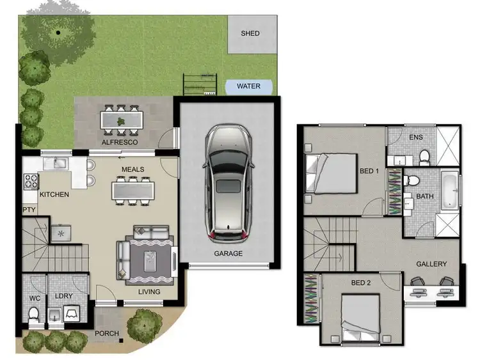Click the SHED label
pos(250,33)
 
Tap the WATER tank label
pos(248,86)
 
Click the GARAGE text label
pos(228,254)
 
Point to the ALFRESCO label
pos(120,142)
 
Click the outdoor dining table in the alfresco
pos(121,119)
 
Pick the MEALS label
pos(133,169)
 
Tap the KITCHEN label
pos(54,194)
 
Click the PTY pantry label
pos(29,209)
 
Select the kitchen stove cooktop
pos(31,181)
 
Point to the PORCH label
pos(106,333)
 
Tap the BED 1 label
pos(369,172)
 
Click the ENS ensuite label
pos(415,137)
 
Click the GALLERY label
pos(431,264)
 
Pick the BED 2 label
pos(360,283)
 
